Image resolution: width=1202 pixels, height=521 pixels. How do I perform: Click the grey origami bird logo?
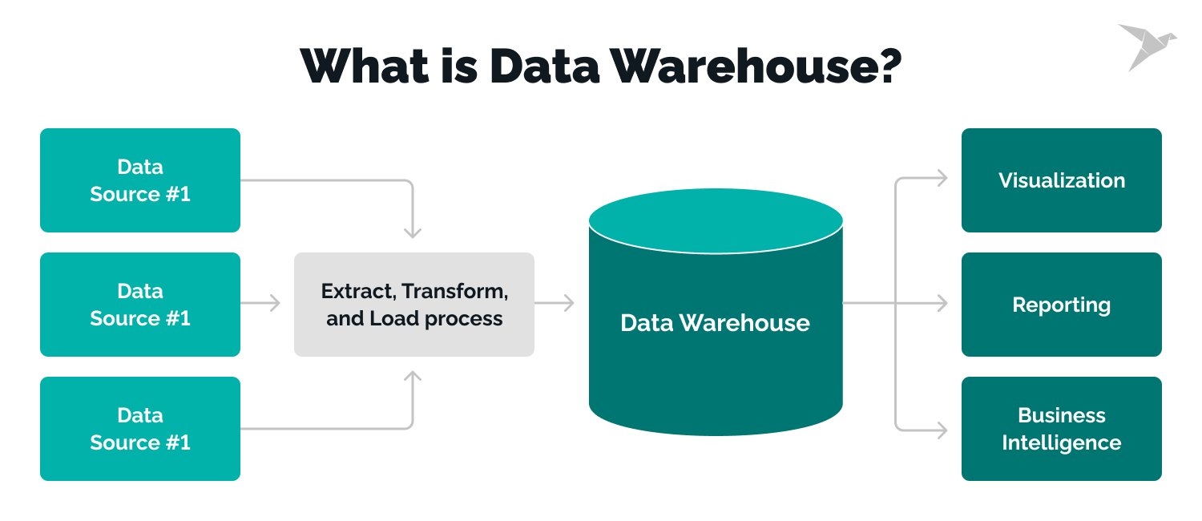(1147, 46)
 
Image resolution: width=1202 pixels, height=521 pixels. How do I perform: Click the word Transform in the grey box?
(454, 291)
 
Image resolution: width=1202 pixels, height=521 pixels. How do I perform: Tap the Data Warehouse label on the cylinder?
(715, 323)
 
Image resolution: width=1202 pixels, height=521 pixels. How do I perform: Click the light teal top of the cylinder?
(716, 221)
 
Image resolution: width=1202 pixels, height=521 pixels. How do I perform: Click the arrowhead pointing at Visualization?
(942, 179)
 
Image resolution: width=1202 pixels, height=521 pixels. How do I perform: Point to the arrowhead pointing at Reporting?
(942, 303)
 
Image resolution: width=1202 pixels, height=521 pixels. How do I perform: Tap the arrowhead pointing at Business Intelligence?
(942, 429)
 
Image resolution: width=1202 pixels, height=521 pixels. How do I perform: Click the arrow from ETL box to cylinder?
(555, 303)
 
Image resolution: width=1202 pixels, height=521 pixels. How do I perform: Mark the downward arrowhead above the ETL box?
(412, 232)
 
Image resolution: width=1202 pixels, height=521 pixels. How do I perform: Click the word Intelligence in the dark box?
(1061, 442)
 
